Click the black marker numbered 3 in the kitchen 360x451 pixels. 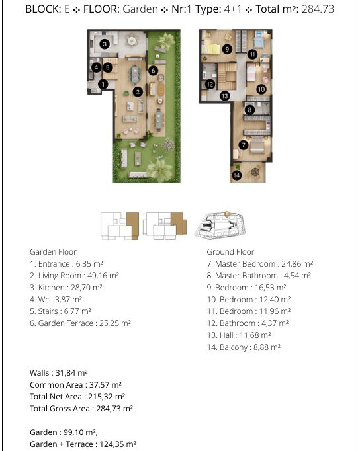point(105,44)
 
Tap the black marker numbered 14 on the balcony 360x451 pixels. point(236,175)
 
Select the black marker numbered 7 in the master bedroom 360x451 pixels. point(244,145)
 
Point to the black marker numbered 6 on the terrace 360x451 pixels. point(153,71)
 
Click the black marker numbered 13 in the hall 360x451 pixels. point(225,96)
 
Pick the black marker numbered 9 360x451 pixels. point(227,49)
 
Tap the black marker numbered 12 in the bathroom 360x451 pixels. point(210,84)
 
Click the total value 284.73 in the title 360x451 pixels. point(318,9)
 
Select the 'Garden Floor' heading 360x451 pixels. point(53,252)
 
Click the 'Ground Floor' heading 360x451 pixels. point(230,252)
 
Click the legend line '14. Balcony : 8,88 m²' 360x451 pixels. point(244,347)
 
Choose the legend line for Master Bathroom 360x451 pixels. point(259,276)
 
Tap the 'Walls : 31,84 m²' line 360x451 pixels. point(59,373)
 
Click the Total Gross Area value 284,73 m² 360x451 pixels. point(114,409)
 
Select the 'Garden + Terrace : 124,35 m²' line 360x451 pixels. point(83,444)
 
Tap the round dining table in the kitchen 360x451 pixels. point(132,40)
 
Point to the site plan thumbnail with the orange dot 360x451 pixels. point(220,225)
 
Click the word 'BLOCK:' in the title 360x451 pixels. point(43,9)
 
